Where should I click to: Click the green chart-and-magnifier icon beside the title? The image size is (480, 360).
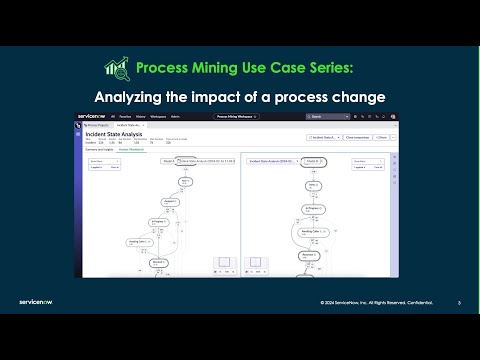coord(117,68)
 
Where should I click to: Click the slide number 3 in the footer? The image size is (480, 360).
coord(458,302)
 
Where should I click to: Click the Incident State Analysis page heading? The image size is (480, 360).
coord(112,131)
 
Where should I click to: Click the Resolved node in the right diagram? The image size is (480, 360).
coord(313,256)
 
